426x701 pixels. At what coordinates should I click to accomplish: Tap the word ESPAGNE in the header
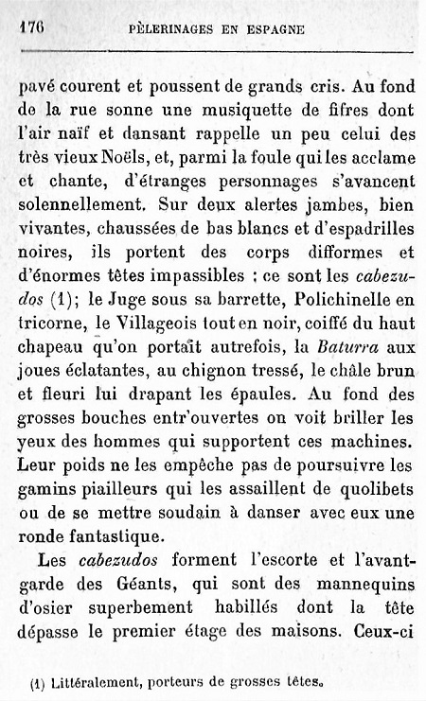point(277,28)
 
